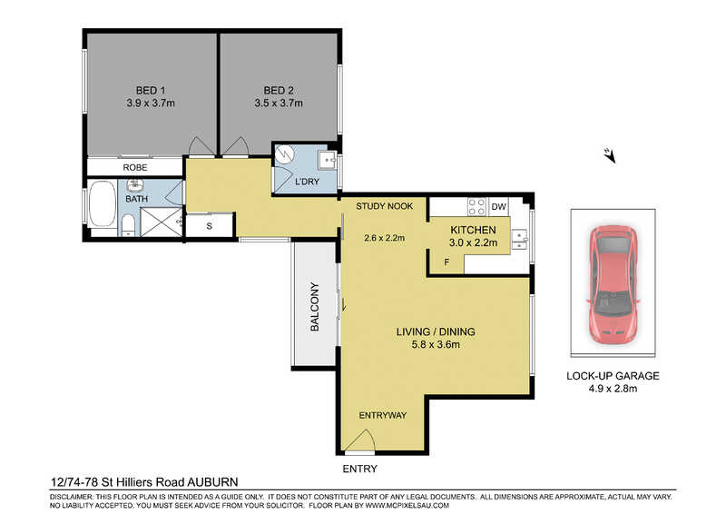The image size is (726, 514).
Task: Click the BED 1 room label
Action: pos(151,91)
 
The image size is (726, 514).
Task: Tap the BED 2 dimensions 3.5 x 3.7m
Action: pos(279,103)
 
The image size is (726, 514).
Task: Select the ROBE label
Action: pos(134,167)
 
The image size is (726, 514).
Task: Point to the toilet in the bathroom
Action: pos(128,226)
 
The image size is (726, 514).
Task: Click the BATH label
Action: pos(137,198)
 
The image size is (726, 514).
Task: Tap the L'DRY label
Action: pos(307,182)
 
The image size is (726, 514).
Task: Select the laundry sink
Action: pos(329,160)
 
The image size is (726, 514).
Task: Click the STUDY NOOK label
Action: pos(384,206)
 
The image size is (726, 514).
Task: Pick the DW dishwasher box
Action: pos(498,207)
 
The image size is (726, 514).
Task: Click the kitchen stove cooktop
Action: pos(477,207)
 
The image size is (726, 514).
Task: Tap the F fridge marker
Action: pos(446,262)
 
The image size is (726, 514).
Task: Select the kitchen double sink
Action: pos(519,239)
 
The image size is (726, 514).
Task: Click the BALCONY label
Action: pos(315,306)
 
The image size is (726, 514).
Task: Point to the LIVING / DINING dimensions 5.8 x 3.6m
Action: pos(436,344)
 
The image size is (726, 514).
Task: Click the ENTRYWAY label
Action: pos(383,415)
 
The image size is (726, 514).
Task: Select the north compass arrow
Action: pos(609,155)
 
